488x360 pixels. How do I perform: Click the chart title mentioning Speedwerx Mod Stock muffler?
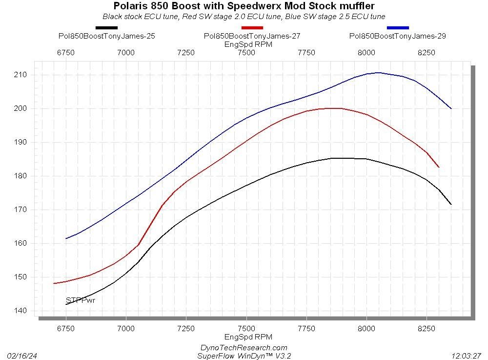coord(244,6)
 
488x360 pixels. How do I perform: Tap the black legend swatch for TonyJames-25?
coord(107,28)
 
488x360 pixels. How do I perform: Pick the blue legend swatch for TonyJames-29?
coord(398,28)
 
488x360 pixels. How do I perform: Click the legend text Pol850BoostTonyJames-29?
coord(398,36)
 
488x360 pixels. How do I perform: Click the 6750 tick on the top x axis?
coord(66,53)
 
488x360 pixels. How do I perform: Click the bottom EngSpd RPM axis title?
coord(248,337)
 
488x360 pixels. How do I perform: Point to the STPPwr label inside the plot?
coord(81,300)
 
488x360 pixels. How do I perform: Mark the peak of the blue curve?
coord(378,73)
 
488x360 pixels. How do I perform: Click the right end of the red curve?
coord(439,167)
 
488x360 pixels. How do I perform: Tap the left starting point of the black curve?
coord(66,304)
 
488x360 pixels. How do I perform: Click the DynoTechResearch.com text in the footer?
coord(244,347)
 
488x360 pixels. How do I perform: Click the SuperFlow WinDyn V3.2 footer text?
coord(244,356)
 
